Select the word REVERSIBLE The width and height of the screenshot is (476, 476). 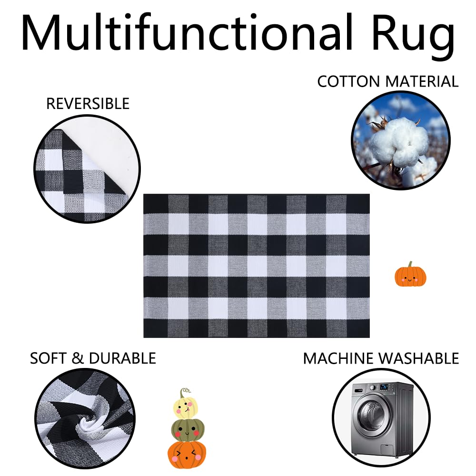click(x=88, y=103)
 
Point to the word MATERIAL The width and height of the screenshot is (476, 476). click(x=422, y=81)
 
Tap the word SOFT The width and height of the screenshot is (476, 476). click(x=49, y=358)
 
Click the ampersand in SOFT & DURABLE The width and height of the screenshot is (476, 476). click(x=78, y=358)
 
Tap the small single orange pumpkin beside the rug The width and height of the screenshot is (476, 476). click(x=410, y=276)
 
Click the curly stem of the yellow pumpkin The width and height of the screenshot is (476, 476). click(x=183, y=393)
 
